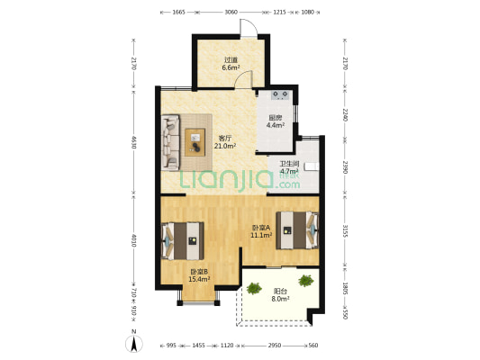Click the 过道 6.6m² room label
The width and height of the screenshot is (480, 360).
coord(231,64)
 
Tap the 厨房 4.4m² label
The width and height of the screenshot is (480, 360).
coord(276,121)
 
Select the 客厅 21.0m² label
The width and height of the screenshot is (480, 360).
coord(225,142)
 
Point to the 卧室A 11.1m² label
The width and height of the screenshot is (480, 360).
coord(261,231)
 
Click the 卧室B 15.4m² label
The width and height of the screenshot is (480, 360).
coord(199,275)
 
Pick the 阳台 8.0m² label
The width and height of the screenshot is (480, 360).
coord(280,295)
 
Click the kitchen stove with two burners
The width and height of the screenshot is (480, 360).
coord(280,95)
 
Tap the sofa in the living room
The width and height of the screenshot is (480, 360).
coord(170,142)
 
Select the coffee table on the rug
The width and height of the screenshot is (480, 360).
coord(195,142)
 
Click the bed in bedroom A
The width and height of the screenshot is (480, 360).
coord(297,230)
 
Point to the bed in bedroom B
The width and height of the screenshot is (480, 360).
coord(183,241)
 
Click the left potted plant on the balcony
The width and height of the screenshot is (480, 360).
coord(254,288)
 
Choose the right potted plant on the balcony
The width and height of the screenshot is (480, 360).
coord(306,281)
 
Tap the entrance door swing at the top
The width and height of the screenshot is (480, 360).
coord(249,28)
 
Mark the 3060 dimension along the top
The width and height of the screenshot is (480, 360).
coord(231,13)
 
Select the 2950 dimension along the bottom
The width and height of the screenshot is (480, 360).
coord(275,346)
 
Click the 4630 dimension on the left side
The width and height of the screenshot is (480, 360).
coord(133,142)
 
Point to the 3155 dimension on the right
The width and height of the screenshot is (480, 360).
coord(345,231)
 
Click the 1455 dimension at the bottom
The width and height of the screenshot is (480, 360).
coord(198,346)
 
